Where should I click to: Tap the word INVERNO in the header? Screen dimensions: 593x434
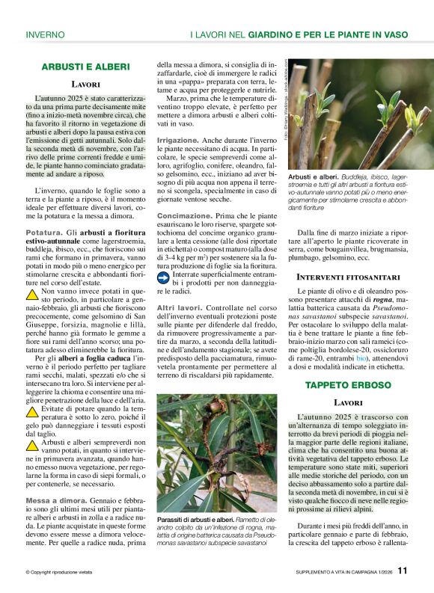pyautogui.click(x=45, y=34)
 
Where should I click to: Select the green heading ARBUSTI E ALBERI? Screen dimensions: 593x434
pyautogui.click(x=85, y=67)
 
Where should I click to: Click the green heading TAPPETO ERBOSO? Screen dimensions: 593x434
pyautogui.click(x=348, y=384)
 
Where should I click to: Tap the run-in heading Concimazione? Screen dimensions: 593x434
pyautogui.click(x=184, y=215)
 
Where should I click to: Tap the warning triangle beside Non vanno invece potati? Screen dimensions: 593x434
pyautogui.click(x=31, y=294)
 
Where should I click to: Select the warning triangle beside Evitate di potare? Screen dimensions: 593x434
pyautogui.click(x=31, y=411)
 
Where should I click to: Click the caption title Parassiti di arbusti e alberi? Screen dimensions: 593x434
pyautogui.click(x=195, y=519)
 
